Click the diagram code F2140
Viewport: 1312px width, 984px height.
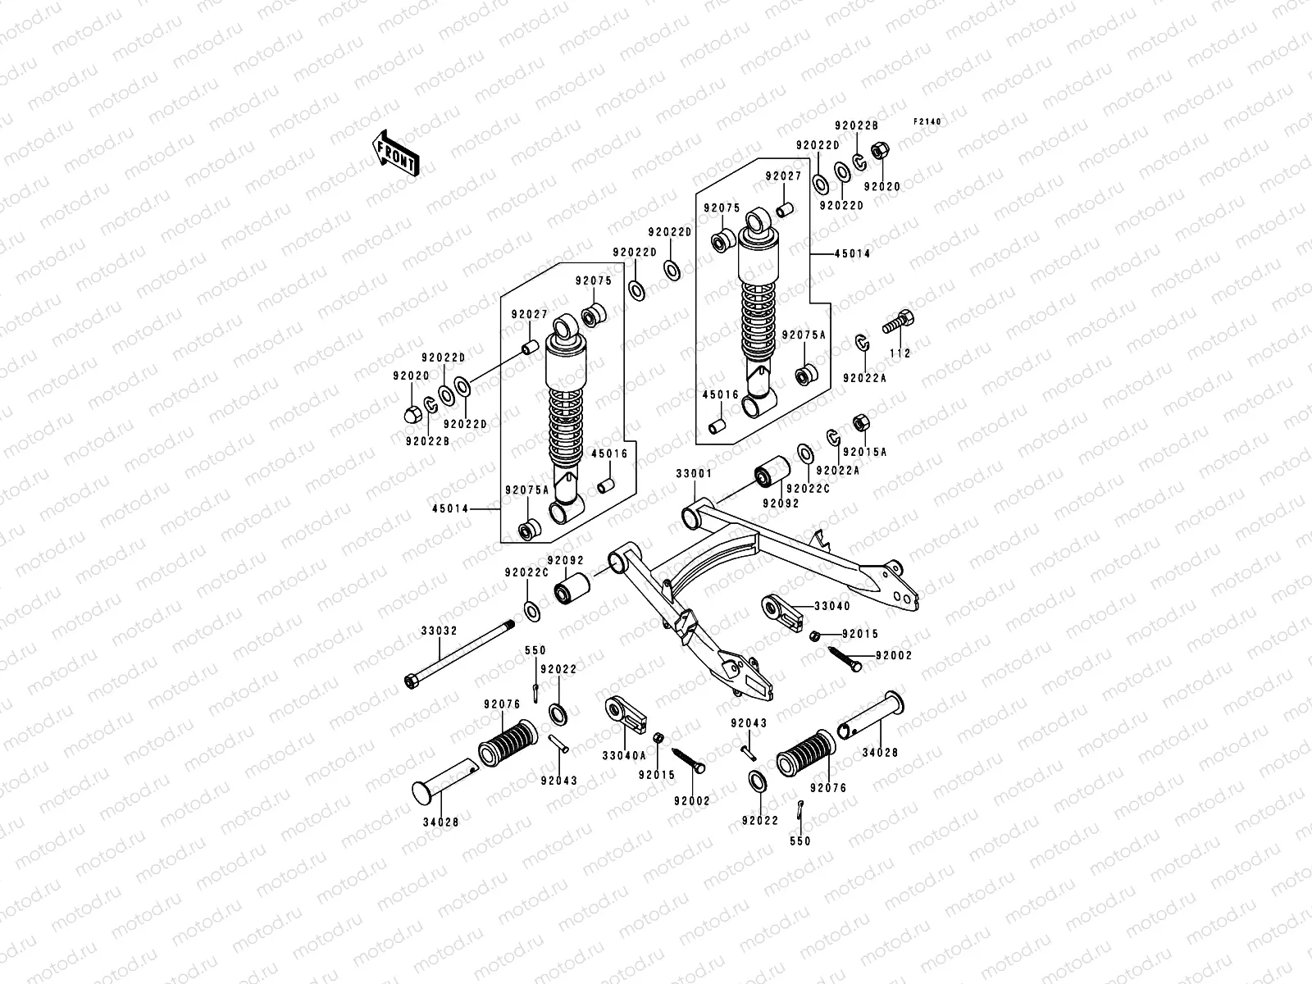[928, 122]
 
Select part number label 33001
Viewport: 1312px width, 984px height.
[694, 474]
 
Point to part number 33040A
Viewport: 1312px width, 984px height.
[622, 755]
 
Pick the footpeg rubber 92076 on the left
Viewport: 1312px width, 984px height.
[508, 742]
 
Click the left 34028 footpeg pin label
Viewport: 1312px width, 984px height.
[441, 821]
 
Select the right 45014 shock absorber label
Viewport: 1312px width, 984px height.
[853, 254]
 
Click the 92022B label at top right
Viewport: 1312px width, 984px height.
[856, 125]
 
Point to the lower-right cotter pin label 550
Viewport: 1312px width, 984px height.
[799, 840]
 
